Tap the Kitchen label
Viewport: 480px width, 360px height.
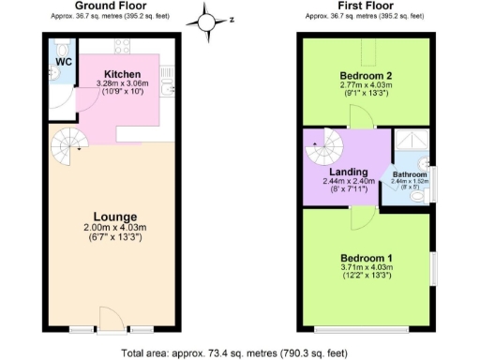coord(122,73)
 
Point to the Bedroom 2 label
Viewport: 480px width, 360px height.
coord(365,74)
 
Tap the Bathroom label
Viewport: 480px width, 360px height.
coord(410,174)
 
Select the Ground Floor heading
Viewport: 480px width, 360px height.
coord(109,6)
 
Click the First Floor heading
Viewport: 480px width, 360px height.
coord(365,6)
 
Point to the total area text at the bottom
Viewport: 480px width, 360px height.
coord(238,352)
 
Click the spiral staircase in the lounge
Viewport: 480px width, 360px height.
coord(68,147)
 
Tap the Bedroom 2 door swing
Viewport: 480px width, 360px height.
coord(357,116)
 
